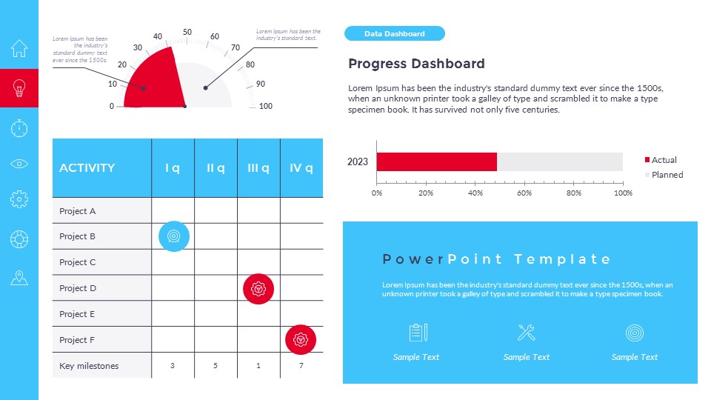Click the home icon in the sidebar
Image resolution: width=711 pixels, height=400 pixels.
pyautogui.click(x=19, y=49)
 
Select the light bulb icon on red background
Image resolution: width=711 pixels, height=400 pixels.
pyautogui.click(x=19, y=89)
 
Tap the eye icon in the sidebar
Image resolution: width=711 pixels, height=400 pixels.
pyautogui.click(x=19, y=164)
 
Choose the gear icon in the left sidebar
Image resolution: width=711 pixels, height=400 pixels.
pyautogui.click(x=19, y=199)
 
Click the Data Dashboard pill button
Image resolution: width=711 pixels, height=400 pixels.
pyautogui.click(x=394, y=33)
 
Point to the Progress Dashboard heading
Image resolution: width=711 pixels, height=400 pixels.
pyautogui.click(x=416, y=64)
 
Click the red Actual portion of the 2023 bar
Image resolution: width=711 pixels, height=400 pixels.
pyautogui.click(x=436, y=161)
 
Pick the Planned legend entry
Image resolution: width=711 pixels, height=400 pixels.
pyautogui.click(x=666, y=175)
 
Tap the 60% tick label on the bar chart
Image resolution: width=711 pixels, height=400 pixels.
pyautogui.click(x=524, y=193)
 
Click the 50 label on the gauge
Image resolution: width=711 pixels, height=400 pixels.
pyautogui.click(x=187, y=32)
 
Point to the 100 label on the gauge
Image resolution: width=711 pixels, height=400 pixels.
pyautogui.click(x=265, y=106)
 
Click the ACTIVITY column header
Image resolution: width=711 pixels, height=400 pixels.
pyautogui.click(x=87, y=168)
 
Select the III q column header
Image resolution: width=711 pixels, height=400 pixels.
pyautogui.click(x=258, y=168)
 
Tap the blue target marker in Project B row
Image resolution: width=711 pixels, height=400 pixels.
pyautogui.click(x=174, y=236)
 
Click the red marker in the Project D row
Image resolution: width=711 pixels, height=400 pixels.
pyautogui.click(x=258, y=288)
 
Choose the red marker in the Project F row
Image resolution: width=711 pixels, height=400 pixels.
pyautogui.click(x=301, y=340)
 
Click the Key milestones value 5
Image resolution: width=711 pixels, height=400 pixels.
pyautogui.click(x=216, y=366)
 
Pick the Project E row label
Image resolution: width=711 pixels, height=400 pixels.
pyautogui.click(x=78, y=314)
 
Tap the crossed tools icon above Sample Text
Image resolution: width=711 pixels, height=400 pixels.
pyautogui.click(x=527, y=333)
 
